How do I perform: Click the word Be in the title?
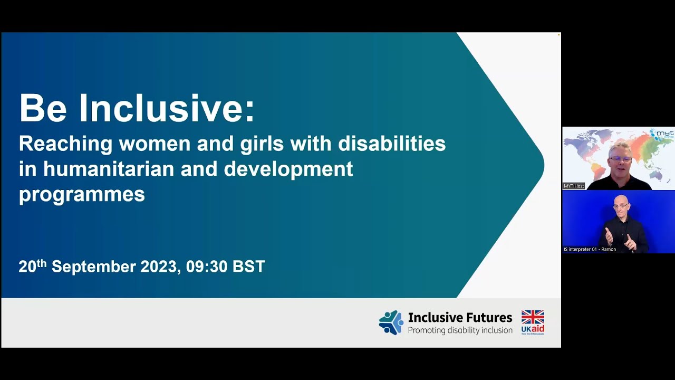pyautogui.click(x=43, y=108)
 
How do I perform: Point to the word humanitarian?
pyautogui.click(x=109, y=169)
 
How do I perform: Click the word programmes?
pyautogui.click(x=82, y=194)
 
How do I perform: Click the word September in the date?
pyautogui.click(x=93, y=267)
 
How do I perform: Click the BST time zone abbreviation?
pyautogui.click(x=248, y=267)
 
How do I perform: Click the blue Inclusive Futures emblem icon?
pyautogui.click(x=391, y=322)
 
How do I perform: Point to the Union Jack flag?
pyautogui.click(x=533, y=317)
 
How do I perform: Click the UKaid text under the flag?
pyautogui.click(x=533, y=329)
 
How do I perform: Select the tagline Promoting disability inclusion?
pyautogui.click(x=460, y=331)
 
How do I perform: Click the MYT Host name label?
pyautogui.click(x=574, y=186)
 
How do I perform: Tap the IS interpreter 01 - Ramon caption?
pyautogui.click(x=590, y=249)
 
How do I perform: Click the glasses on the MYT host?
pyautogui.click(x=620, y=159)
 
